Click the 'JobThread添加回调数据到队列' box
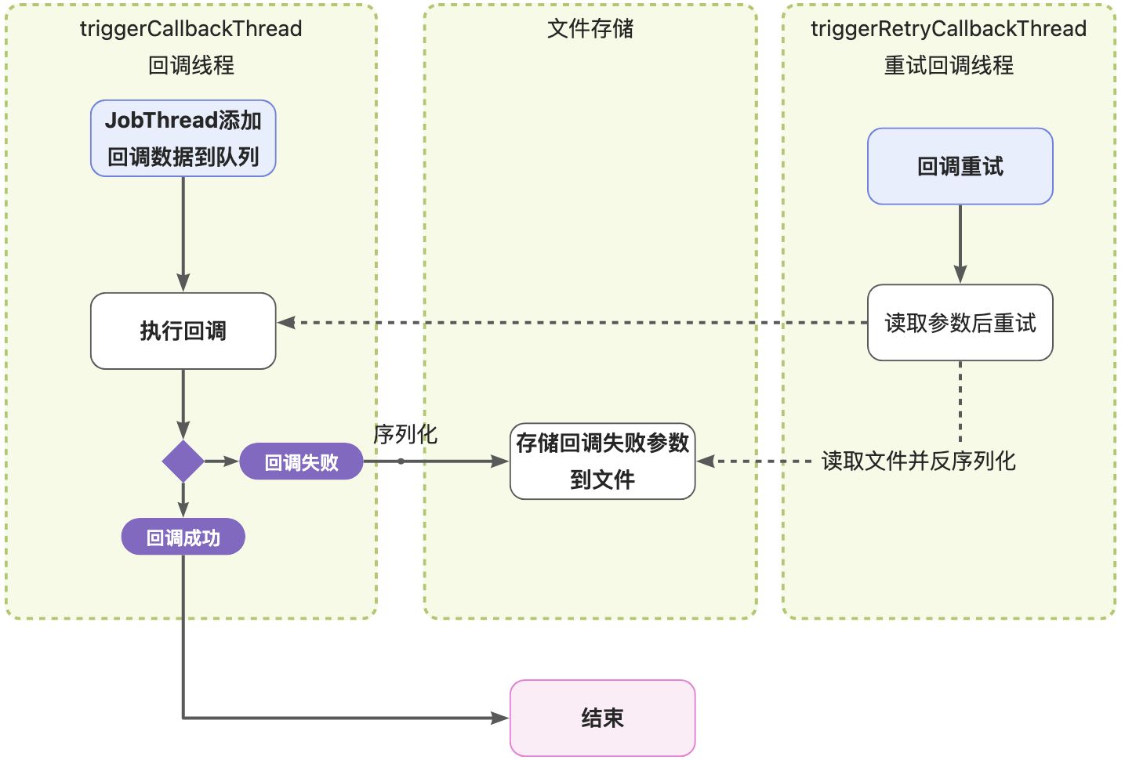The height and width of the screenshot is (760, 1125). pos(183,138)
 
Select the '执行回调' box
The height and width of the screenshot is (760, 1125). pos(183,331)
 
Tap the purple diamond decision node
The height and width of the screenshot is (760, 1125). pos(183,461)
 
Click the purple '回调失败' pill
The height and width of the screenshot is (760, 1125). pos(301,461)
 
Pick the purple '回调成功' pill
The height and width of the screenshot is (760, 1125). pos(183,537)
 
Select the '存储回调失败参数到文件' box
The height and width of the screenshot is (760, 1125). pos(602,461)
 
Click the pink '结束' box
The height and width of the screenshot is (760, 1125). pos(602,718)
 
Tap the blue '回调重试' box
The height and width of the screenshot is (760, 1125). pos(960,166)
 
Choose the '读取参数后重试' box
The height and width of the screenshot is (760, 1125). pos(960,323)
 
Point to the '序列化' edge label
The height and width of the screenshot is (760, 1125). pos(405,434)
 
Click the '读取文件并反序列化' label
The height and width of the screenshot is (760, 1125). pos(918,461)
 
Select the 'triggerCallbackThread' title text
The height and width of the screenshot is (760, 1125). pos(191,29)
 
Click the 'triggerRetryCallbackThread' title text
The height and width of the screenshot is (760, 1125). pos(949,29)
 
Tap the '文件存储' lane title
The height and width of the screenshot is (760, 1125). pos(590,29)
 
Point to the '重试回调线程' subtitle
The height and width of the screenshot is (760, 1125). pos(949,65)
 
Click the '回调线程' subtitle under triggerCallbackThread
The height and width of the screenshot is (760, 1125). pos(191,65)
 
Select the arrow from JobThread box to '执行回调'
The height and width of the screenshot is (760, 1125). pos(183,235)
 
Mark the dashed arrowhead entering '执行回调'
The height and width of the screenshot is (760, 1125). pos(286,323)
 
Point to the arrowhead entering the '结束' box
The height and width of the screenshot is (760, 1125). pos(500,718)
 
